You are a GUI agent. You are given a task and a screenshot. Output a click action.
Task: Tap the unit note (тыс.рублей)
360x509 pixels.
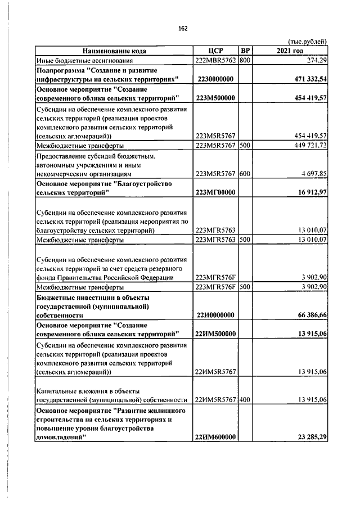[307, 42]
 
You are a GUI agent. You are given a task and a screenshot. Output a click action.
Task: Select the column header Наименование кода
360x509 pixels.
[114, 51]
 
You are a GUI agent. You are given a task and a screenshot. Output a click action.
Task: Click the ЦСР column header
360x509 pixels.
[216, 51]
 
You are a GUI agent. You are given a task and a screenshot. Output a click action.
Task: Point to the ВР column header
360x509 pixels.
[245, 51]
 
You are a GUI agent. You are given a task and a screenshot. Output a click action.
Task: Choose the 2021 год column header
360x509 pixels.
[290, 51]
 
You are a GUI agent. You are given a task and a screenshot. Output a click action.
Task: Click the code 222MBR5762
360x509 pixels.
[216, 60]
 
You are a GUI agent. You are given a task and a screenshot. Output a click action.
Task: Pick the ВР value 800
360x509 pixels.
[245, 60]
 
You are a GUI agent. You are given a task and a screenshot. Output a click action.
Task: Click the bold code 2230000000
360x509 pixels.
[216, 79]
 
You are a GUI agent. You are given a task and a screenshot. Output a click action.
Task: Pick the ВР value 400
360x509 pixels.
[245, 400]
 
